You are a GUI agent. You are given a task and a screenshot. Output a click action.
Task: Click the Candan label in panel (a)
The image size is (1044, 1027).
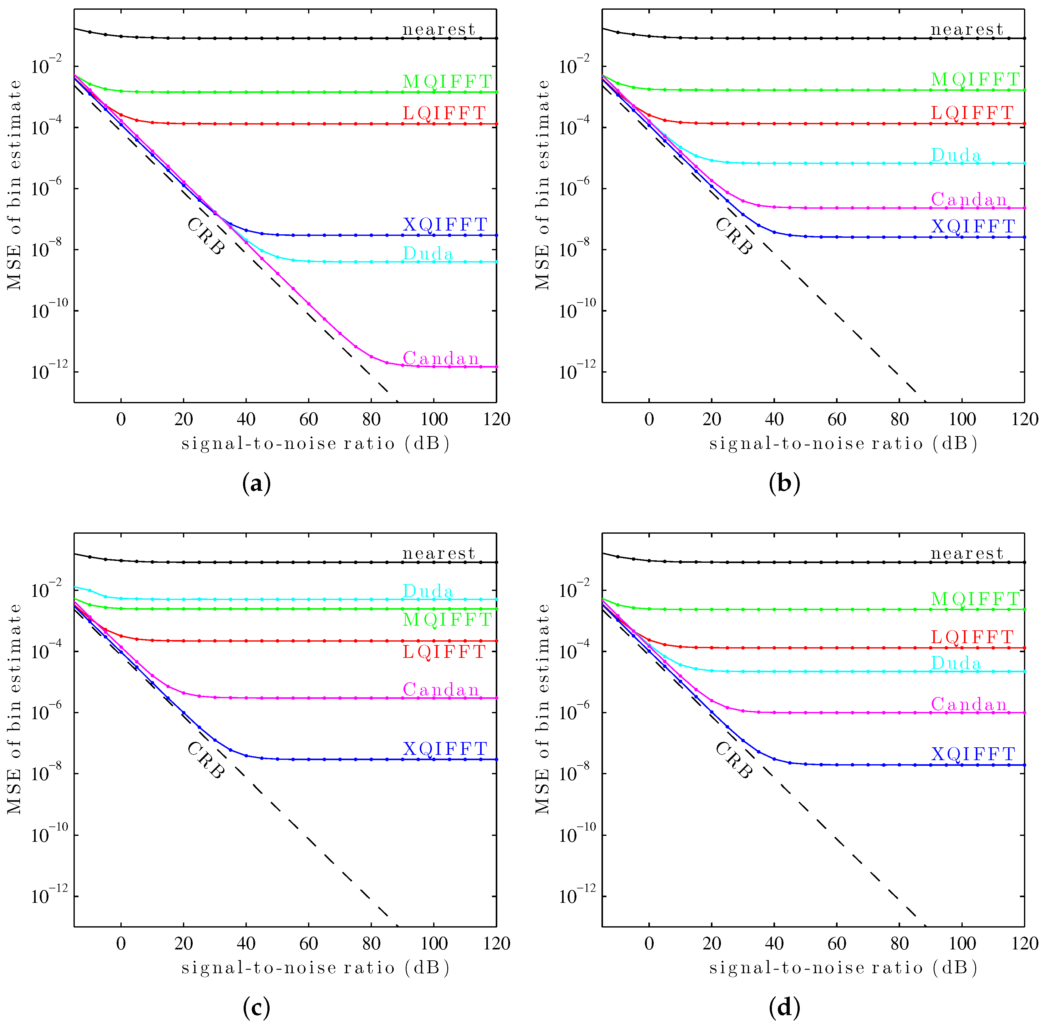click(441, 358)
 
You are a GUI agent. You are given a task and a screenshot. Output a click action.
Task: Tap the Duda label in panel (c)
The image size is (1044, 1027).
click(428, 591)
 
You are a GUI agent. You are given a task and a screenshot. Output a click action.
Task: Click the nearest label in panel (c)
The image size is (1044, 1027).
click(439, 553)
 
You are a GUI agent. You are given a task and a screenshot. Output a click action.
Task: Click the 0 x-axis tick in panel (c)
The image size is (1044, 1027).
click(121, 943)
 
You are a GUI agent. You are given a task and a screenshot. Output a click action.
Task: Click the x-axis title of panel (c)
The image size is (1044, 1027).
click(315, 968)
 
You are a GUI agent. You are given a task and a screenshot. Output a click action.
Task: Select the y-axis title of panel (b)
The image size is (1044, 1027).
click(542, 185)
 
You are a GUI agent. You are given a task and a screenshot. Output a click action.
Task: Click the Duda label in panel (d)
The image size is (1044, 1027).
click(956, 663)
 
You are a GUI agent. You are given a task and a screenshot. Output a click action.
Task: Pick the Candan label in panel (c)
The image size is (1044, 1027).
click(441, 689)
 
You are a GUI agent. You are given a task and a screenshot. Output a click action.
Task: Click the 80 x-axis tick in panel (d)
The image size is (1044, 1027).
click(900, 943)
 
